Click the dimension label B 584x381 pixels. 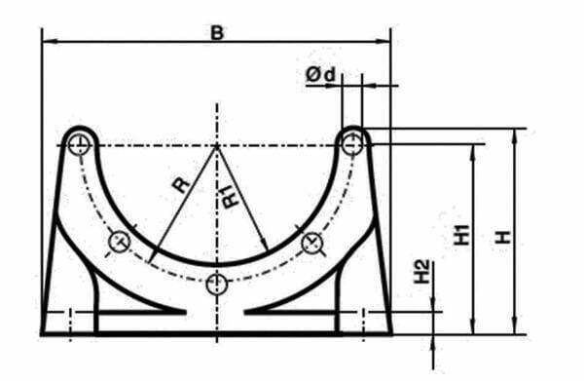pos(217,33)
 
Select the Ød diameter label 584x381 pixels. pos(320,75)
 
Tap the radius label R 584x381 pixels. pos(181,184)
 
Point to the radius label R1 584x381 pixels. pos(232,197)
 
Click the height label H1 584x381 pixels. pos(461,235)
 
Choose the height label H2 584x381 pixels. pos(422,272)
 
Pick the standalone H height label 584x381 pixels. pos(502,237)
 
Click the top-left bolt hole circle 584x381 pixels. pos(79,144)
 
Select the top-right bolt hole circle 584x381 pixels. pos(352,144)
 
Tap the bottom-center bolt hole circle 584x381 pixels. pos(217,285)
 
